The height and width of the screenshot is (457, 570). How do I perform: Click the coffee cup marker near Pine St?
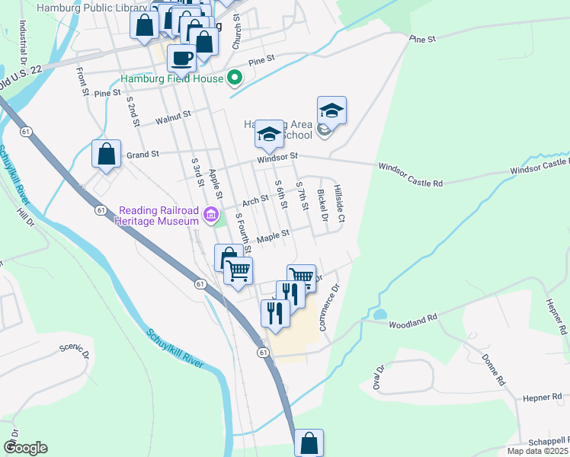[x=181, y=57]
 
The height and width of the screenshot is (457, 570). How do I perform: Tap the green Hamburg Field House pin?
[x=235, y=78]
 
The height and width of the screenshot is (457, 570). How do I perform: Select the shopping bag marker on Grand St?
[x=106, y=153]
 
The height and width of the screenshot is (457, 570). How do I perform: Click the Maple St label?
[x=274, y=237]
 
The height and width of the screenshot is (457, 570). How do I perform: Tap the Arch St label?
[x=255, y=201]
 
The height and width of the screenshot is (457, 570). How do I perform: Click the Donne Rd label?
[x=492, y=369]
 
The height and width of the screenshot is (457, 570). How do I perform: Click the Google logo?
[x=25, y=448]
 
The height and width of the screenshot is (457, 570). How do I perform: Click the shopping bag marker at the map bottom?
[x=309, y=443]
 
